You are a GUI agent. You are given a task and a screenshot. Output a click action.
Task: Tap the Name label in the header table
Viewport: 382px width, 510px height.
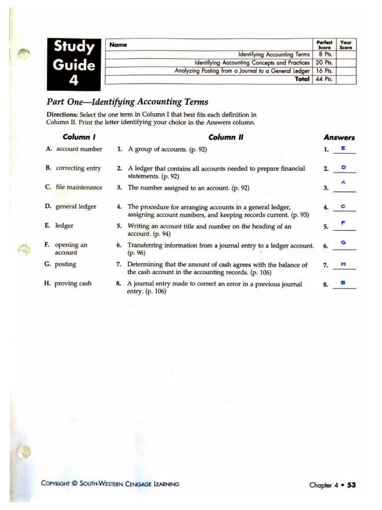(x=118, y=45)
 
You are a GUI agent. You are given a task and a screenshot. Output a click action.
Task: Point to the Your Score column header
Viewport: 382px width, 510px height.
(x=346, y=45)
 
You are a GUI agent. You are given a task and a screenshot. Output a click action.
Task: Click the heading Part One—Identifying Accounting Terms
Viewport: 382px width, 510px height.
(x=127, y=102)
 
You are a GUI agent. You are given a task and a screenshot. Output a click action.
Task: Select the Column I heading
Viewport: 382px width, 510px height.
(x=76, y=137)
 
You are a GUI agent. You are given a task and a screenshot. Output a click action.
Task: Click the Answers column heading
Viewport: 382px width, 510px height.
(x=339, y=137)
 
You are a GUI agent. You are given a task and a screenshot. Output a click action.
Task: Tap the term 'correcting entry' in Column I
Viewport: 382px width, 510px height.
(x=78, y=168)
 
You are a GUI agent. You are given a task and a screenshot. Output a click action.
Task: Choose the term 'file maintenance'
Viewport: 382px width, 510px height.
(x=79, y=188)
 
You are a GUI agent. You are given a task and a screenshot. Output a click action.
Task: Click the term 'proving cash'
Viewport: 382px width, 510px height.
(x=73, y=284)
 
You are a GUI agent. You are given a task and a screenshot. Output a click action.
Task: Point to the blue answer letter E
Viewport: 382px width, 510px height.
(x=343, y=148)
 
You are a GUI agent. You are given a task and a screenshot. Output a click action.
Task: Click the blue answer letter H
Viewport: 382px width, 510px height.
(x=343, y=263)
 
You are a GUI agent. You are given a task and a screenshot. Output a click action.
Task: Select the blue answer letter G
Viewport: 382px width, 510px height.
(x=343, y=243)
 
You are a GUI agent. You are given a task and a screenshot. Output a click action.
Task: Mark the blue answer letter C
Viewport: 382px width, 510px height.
(x=343, y=206)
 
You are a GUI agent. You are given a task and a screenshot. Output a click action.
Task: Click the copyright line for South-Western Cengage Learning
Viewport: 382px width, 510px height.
(x=110, y=484)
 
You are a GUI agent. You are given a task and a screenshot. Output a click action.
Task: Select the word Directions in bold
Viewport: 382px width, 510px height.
(x=62, y=115)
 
